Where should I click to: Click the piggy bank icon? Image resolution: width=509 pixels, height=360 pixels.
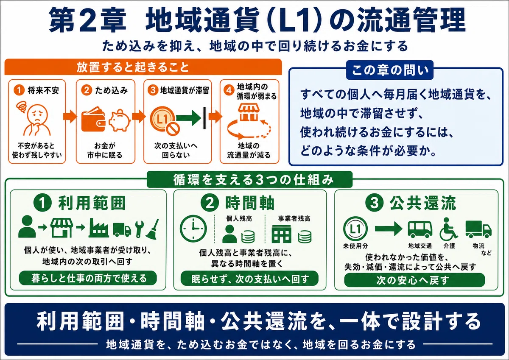tap(119, 120)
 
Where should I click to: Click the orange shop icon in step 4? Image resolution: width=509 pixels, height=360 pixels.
tap(249, 112)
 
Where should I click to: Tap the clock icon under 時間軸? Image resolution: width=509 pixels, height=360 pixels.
tap(193, 228)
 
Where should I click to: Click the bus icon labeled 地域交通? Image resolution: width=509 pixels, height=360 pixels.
tap(420, 229)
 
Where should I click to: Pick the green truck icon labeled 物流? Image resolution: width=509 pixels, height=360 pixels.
tap(478, 229)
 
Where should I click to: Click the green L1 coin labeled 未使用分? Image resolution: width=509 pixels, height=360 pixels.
tap(355, 229)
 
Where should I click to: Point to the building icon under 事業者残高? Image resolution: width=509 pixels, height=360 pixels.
tap(281, 234)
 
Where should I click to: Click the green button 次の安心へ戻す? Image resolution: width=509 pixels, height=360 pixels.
tap(415, 280)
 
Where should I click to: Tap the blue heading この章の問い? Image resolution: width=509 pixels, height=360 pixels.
tap(390, 70)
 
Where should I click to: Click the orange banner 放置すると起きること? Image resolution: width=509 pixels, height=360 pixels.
tap(143, 67)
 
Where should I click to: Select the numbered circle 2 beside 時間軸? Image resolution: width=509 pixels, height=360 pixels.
tap(210, 203)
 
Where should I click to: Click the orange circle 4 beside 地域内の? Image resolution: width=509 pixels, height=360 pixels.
tap(229, 90)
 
